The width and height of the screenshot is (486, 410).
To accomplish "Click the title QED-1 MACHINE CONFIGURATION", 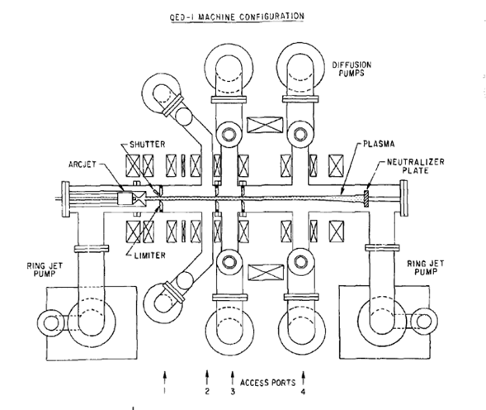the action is [237, 17].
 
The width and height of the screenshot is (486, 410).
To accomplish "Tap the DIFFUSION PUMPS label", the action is [352, 69].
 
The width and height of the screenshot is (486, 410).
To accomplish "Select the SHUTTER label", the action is [147, 145].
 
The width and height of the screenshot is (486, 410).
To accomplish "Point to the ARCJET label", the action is [83, 164].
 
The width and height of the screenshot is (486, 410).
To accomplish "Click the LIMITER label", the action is [149, 255].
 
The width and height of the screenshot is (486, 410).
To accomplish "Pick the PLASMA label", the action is [379, 144].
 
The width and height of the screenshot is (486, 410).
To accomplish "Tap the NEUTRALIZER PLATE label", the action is [415, 166].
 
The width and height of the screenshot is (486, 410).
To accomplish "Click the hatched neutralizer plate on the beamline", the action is [366, 198].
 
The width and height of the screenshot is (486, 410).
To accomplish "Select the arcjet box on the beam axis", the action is [125, 198].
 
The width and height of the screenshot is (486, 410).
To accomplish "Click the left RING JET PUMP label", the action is [45, 269].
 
